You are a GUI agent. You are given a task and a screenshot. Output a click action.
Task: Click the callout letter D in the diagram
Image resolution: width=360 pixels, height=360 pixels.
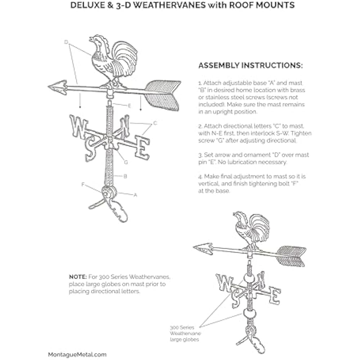click(x=66, y=42)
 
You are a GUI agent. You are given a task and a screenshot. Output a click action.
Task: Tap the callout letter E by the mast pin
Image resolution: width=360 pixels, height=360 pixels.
click(x=129, y=105)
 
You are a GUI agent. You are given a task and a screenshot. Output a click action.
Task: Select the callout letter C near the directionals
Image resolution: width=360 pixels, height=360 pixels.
click(x=155, y=123)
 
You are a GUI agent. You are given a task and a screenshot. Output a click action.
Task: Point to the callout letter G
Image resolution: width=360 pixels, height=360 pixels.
click(x=126, y=162)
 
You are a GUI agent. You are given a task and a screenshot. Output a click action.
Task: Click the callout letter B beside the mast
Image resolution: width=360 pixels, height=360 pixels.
click(x=125, y=176)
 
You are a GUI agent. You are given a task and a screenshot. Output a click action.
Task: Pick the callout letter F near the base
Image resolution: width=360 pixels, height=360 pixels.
click(x=83, y=184)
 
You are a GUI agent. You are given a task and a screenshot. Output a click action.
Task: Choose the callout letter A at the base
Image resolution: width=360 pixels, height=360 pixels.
click(x=135, y=195)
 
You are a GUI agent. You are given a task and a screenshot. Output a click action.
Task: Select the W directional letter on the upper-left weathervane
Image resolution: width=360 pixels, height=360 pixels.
click(x=78, y=126)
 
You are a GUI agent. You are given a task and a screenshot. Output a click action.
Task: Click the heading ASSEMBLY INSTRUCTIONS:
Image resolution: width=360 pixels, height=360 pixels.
click(x=251, y=66)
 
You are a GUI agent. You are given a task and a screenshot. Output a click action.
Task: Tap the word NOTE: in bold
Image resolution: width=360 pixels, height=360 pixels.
click(x=77, y=277)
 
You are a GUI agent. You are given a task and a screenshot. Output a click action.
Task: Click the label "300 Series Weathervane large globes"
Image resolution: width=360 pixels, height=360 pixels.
click(x=184, y=333)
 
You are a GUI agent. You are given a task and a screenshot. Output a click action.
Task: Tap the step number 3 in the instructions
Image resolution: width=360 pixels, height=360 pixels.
click(x=200, y=155)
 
